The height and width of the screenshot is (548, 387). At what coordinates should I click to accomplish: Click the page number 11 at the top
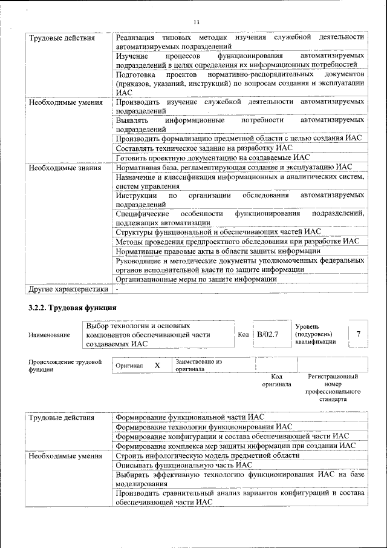(x=196, y=22)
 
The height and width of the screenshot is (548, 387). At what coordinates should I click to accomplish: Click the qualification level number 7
(x=359, y=334)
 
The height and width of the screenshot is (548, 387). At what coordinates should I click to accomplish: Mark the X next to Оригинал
(x=157, y=366)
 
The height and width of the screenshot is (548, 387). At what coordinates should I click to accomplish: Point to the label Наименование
(x=48, y=335)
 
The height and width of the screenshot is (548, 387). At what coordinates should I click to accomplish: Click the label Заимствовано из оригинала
(x=199, y=365)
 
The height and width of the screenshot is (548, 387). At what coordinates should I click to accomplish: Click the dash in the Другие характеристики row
(x=117, y=289)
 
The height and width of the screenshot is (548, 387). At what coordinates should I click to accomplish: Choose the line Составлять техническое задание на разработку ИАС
(x=203, y=147)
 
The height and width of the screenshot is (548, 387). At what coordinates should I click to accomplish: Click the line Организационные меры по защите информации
(x=196, y=279)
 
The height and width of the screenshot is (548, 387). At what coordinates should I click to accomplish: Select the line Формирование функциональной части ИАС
(x=189, y=417)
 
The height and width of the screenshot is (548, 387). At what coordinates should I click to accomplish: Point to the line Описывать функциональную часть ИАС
(x=183, y=465)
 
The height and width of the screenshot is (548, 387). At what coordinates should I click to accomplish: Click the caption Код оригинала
(x=276, y=380)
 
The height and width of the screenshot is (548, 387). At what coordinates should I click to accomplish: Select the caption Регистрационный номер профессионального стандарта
(x=333, y=388)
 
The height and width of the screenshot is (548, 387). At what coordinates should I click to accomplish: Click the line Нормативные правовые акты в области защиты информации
(x=218, y=251)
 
